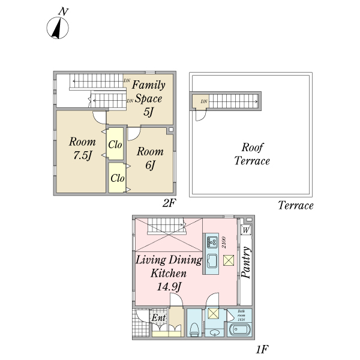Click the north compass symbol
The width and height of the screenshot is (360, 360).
click(x=58, y=28)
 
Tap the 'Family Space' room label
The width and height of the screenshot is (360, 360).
click(x=148, y=91)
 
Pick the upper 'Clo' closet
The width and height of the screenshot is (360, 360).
click(x=116, y=144)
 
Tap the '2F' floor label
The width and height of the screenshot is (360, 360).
click(x=169, y=203)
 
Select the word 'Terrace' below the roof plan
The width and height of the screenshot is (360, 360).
click(x=296, y=206)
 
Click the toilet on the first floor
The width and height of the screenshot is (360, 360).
click(x=195, y=328)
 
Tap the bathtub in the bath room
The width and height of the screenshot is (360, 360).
click(x=240, y=329)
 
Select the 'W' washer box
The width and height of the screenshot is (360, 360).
click(x=246, y=230)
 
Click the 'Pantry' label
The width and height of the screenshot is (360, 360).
click(x=245, y=265)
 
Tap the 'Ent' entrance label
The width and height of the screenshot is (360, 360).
click(x=158, y=317)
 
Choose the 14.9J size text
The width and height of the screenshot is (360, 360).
click(x=169, y=286)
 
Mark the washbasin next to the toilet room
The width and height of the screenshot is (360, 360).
click(x=214, y=332)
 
